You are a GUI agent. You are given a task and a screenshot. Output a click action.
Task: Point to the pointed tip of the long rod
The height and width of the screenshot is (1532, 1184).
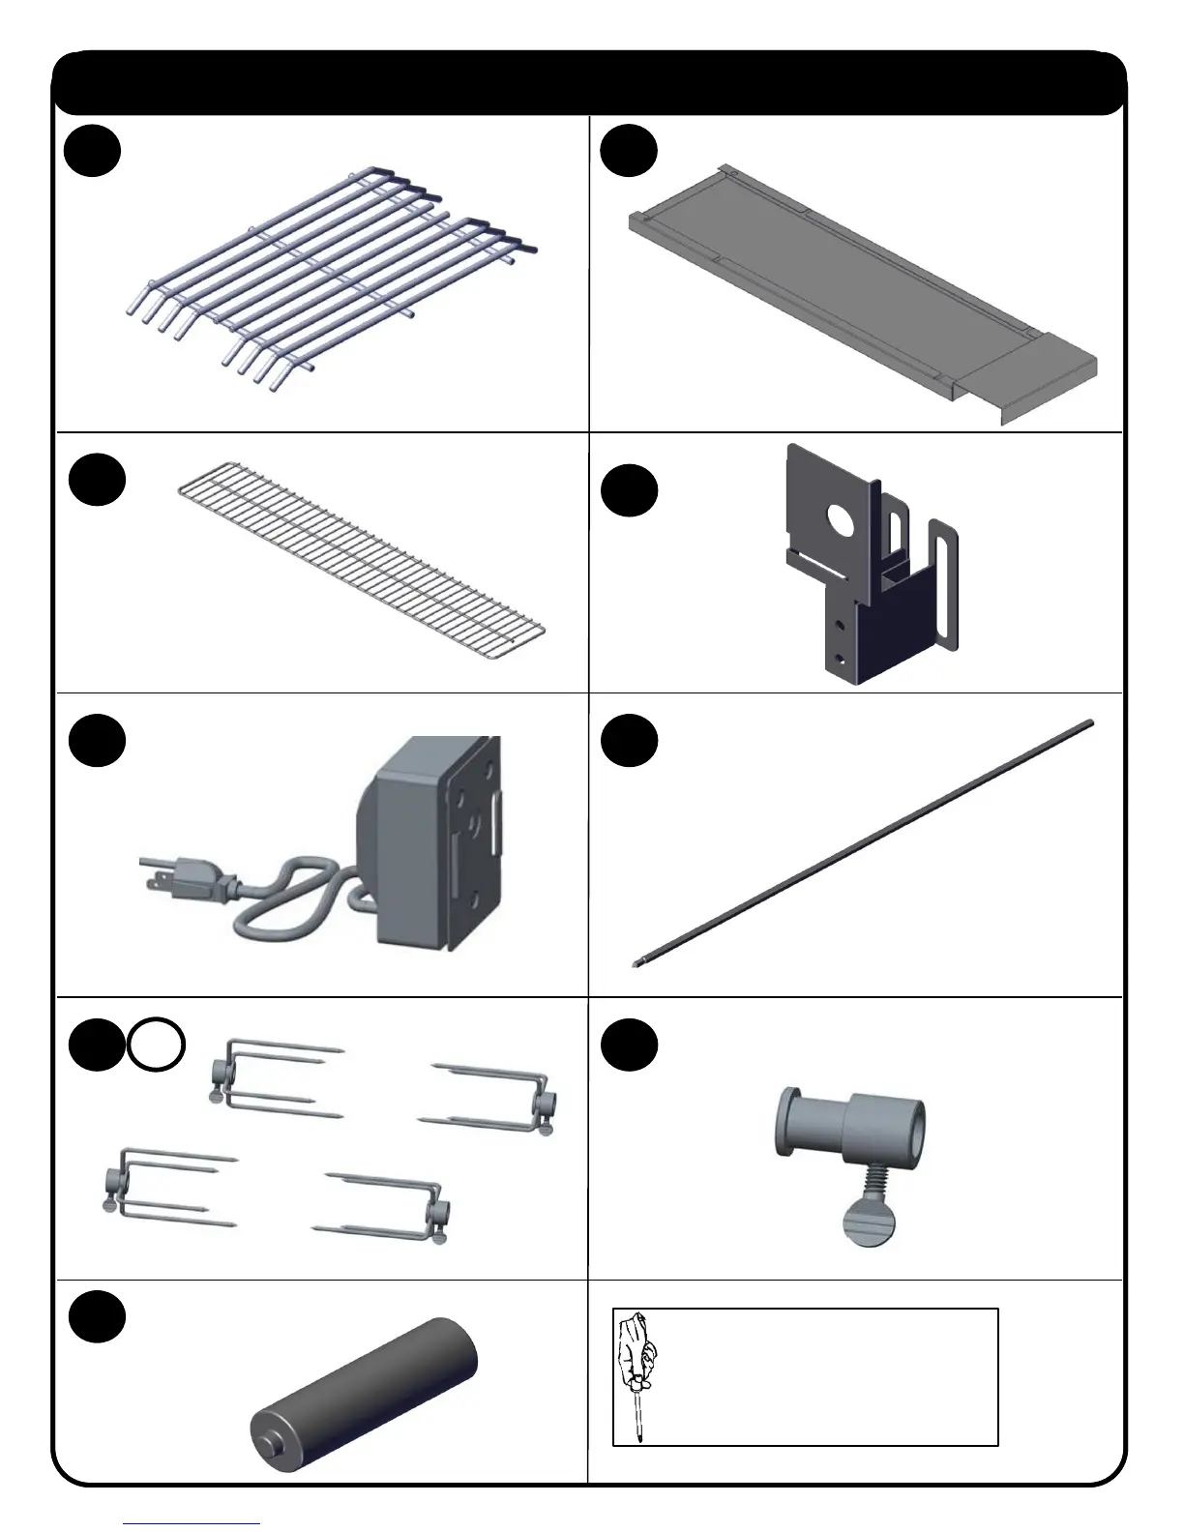[x=636, y=962]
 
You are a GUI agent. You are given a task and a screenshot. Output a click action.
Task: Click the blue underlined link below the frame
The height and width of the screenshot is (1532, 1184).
[x=192, y=1524]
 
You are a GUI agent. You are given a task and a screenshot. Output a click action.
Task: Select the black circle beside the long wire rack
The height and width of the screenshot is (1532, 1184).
[x=98, y=480]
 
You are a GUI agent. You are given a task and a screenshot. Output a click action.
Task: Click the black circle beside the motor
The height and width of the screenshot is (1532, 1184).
[x=98, y=740]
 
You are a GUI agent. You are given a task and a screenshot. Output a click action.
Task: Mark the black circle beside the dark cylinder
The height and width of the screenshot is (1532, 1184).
[x=98, y=1315]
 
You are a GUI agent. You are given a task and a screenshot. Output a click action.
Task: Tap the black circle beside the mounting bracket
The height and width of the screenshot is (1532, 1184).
[x=629, y=491]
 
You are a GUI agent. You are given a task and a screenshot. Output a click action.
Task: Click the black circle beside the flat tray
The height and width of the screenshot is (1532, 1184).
[x=629, y=152]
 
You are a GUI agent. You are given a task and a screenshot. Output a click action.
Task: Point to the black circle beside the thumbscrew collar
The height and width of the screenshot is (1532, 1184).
[x=629, y=1046]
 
